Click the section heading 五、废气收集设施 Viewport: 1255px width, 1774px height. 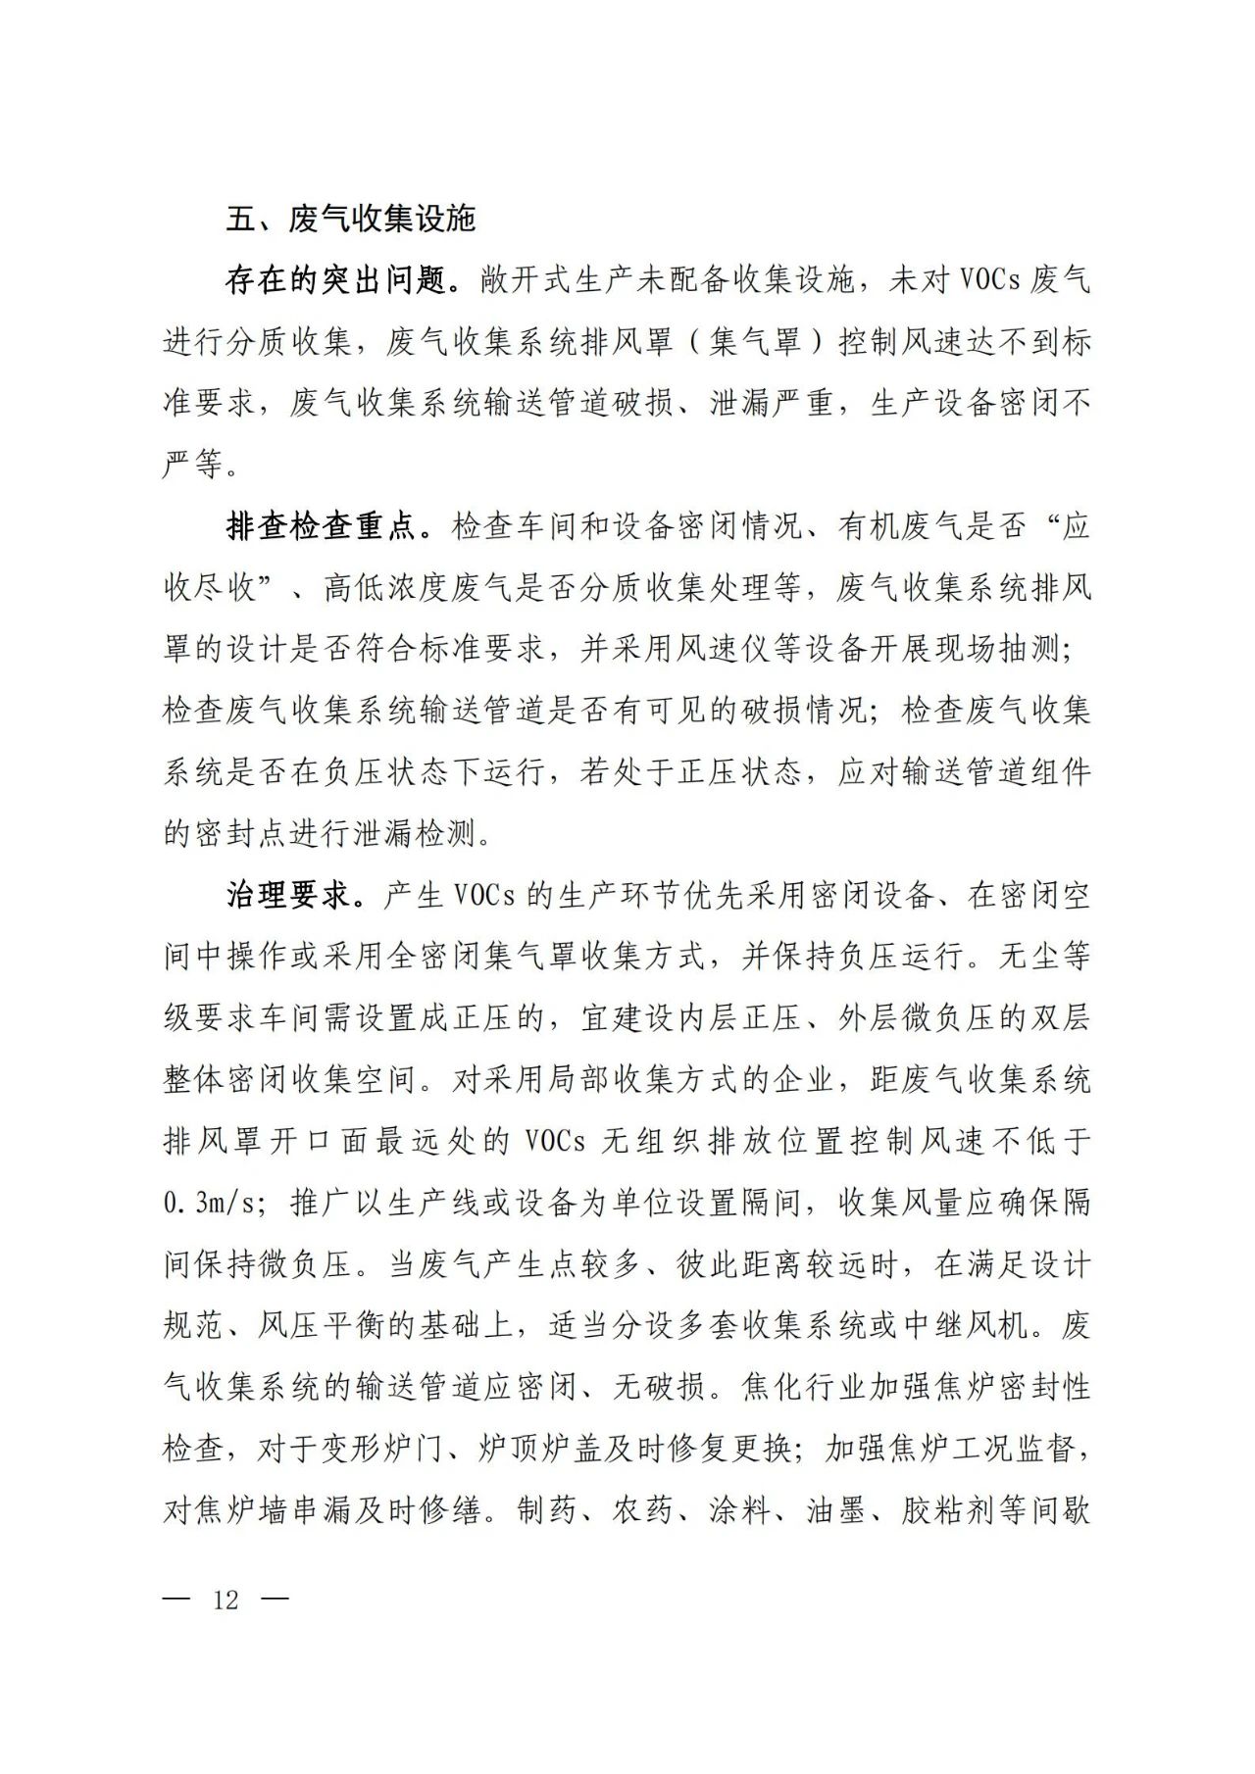tap(350, 219)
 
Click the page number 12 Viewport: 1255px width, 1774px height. tap(226, 1600)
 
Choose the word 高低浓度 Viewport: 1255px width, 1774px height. tap(382, 588)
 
